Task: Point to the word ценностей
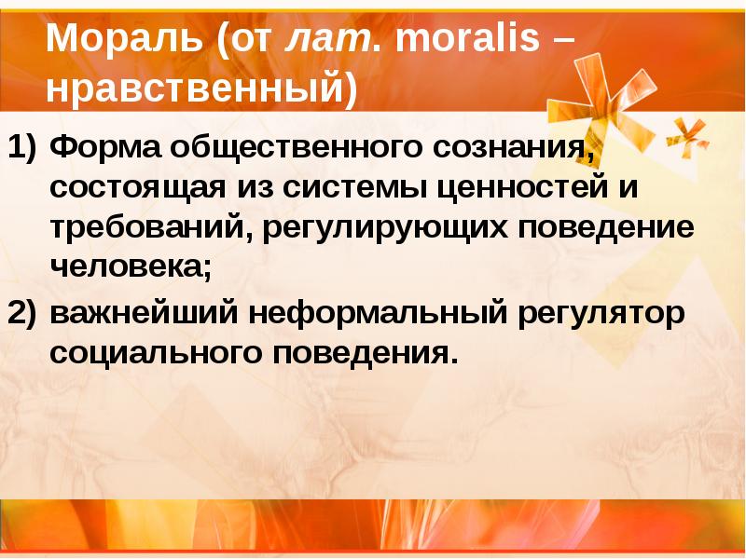point(523,188)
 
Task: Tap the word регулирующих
point(382,230)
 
